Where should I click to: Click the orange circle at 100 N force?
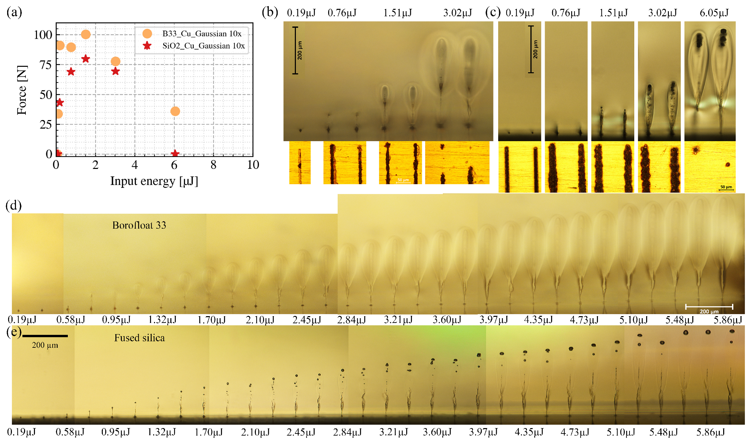[x=86, y=34]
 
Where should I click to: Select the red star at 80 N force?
[x=86, y=59]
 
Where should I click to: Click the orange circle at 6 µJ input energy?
[x=175, y=111]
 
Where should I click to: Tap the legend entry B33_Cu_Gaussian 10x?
[x=202, y=34]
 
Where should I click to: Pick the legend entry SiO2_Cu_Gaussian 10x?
[x=203, y=46]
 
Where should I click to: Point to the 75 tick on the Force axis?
[x=45, y=64]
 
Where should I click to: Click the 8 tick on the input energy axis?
[x=213, y=165]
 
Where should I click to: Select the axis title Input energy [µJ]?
[x=154, y=181]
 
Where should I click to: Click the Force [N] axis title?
[x=22, y=90]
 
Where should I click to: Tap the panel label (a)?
[x=14, y=12]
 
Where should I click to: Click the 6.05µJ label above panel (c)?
[x=714, y=13]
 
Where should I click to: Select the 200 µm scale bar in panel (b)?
[x=296, y=50]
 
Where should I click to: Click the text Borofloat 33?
[x=139, y=225]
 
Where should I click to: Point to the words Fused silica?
[x=139, y=338]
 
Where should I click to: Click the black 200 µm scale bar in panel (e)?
[x=45, y=336]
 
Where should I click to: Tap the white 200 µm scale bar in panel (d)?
[x=709, y=307]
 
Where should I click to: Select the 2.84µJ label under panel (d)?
[x=351, y=320]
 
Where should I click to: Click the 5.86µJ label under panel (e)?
[x=711, y=432]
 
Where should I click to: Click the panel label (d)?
[x=14, y=206]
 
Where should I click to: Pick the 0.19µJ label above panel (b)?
[x=301, y=13]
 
